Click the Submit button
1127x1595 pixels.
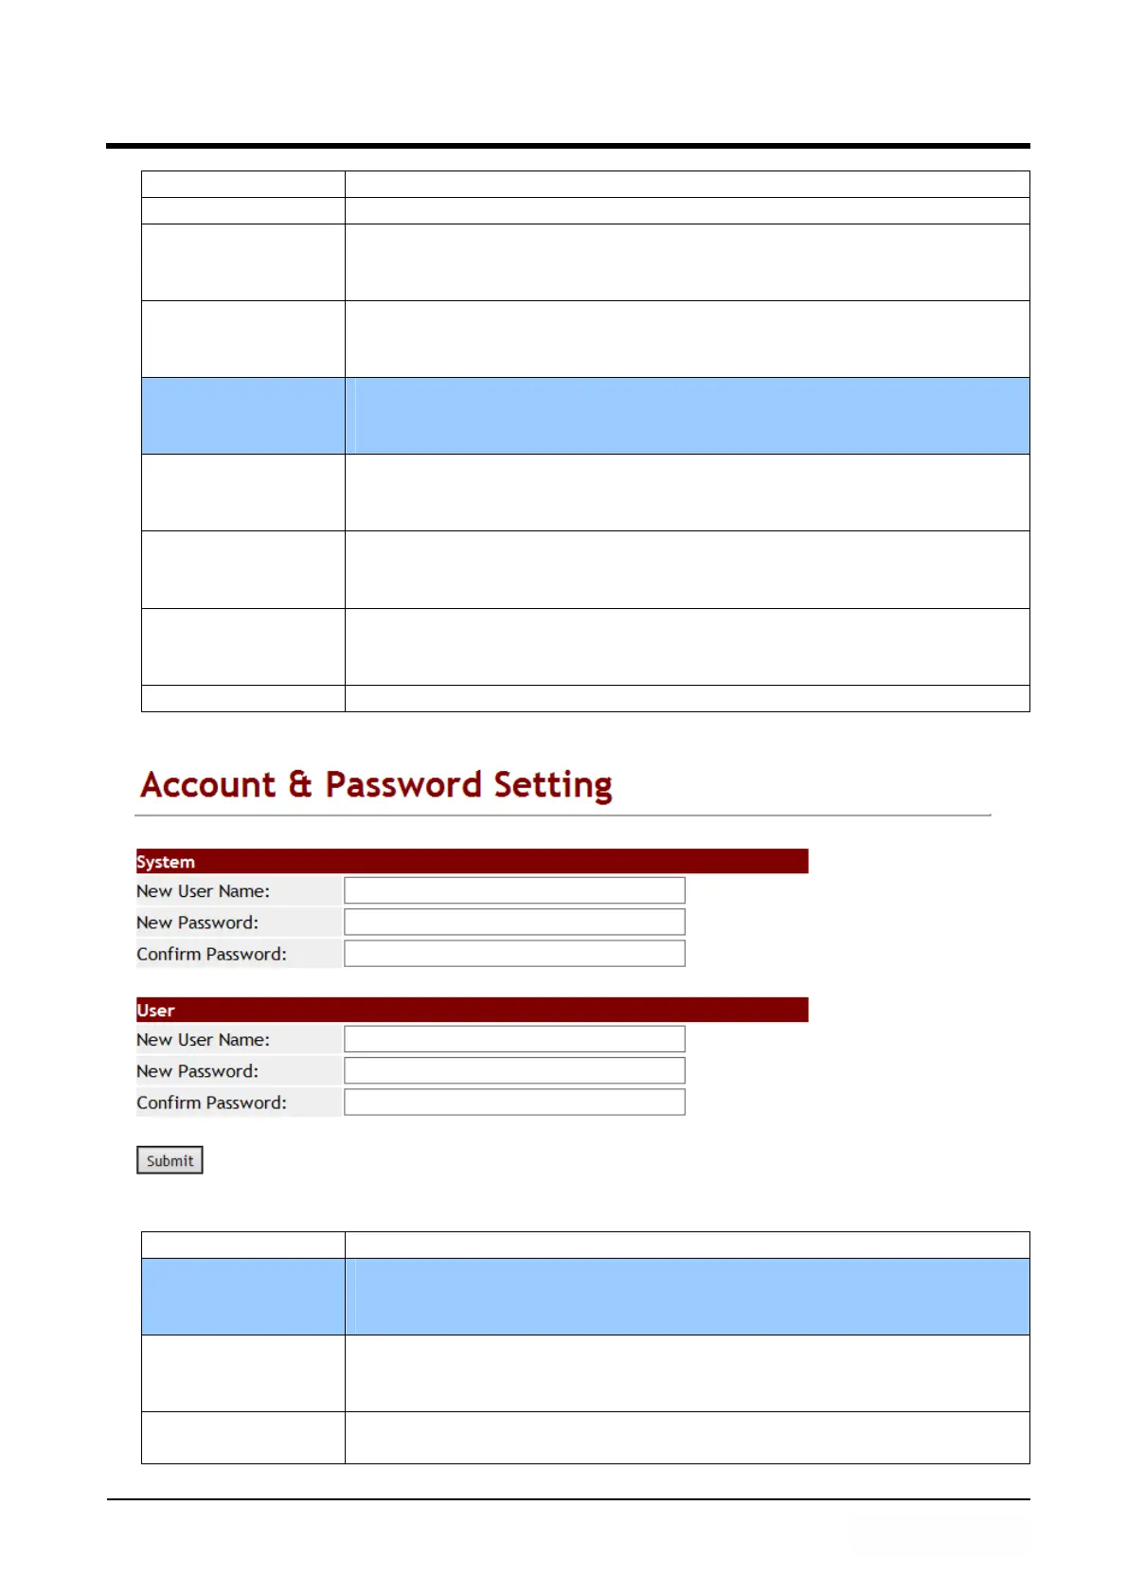(x=170, y=1160)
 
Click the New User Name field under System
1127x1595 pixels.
(x=514, y=890)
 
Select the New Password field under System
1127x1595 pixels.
(x=514, y=922)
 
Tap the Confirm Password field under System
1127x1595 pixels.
(x=514, y=953)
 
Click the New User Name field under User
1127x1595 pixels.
(x=514, y=1039)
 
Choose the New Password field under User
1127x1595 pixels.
(x=514, y=1070)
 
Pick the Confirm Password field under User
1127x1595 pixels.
(x=514, y=1102)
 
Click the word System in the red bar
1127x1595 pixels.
(x=166, y=862)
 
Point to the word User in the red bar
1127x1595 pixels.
(x=155, y=1011)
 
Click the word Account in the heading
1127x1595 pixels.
(x=208, y=785)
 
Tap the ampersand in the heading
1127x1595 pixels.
(x=300, y=785)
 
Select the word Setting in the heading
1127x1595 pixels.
(x=553, y=785)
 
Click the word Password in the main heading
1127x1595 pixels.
(x=403, y=785)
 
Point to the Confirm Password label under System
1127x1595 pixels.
(x=211, y=954)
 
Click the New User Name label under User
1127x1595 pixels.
(x=203, y=1040)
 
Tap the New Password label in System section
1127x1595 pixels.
(x=197, y=923)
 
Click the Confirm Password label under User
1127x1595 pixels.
(x=211, y=1102)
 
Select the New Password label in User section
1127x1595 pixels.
(x=197, y=1071)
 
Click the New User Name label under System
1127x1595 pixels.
(x=203, y=891)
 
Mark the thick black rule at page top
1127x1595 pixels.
(x=568, y=146)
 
